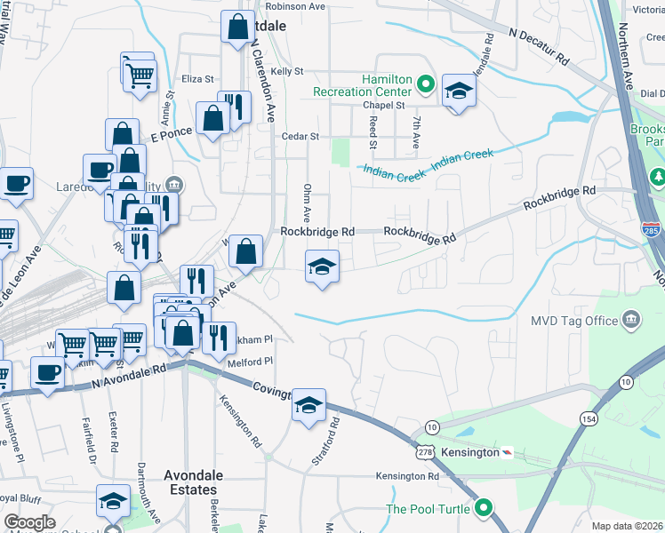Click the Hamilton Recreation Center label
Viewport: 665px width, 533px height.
pos(361,85)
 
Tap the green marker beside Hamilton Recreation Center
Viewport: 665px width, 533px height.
pos(426,85)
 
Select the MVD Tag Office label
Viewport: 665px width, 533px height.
pos(575,321)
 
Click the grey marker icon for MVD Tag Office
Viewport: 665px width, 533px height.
pos(631,320)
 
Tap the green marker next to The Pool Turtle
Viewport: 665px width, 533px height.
pos(484,508)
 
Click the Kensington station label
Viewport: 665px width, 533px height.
pos(470,452)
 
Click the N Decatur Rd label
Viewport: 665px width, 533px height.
pos(539,45)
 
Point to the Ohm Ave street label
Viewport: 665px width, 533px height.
pos(305,203)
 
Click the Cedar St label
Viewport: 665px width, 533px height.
pos(300,136)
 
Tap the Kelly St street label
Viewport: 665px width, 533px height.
pos(287,71)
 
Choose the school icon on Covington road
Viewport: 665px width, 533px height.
pos(308,406)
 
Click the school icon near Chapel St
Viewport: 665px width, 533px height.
pos(459,90)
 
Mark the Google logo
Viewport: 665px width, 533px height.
pos(29,522)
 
